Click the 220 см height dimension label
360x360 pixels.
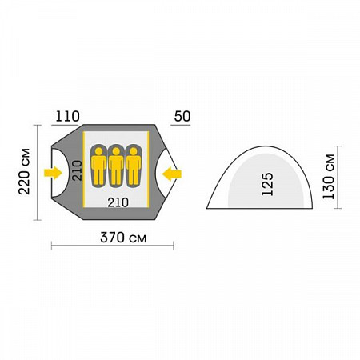(24, 171)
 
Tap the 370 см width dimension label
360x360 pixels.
(123, 238)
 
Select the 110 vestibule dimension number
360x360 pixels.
(67, 117)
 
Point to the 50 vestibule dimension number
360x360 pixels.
(182, 117)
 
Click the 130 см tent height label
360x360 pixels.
(328, 176)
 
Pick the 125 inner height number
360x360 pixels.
(267, 184)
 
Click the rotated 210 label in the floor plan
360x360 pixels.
(78, 170)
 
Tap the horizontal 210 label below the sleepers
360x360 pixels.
(118, 202)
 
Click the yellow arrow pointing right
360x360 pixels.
(53, 173)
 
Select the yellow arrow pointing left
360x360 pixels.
(172, 174)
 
